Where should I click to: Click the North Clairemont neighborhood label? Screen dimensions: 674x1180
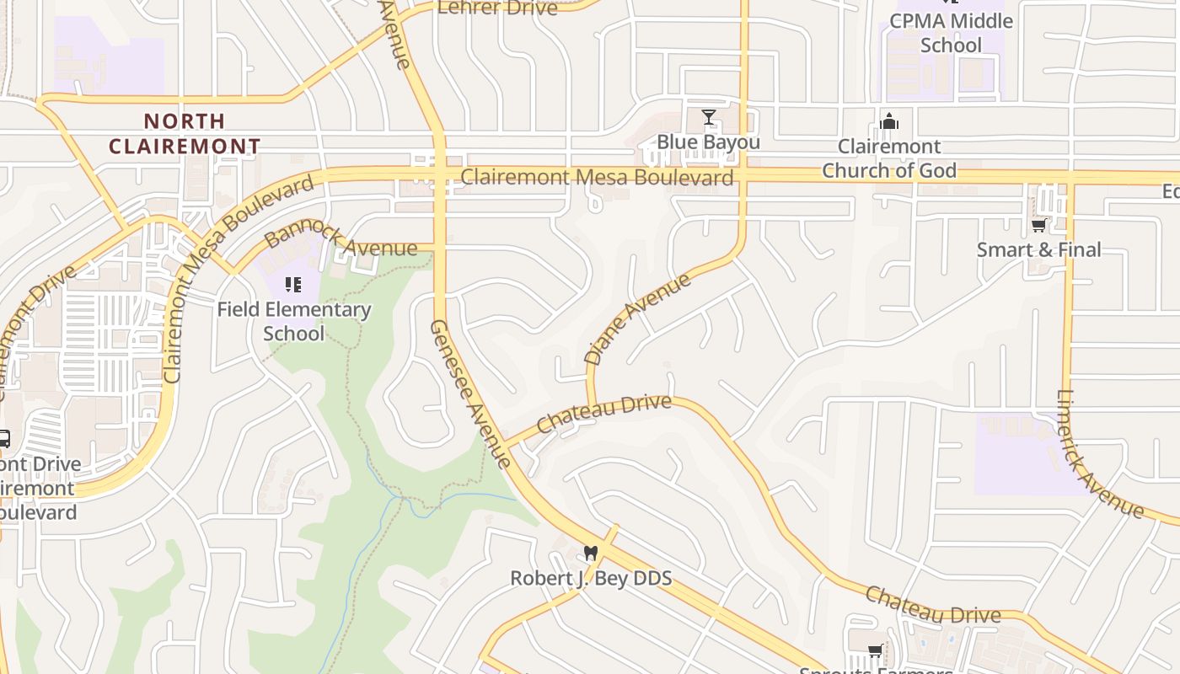185,134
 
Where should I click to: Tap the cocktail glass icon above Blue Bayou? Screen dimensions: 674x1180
708,117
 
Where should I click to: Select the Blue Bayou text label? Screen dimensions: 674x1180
708,142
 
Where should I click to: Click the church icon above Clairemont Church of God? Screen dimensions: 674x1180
888,122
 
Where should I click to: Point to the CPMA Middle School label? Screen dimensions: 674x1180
951,33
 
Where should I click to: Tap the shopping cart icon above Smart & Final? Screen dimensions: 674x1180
1038,225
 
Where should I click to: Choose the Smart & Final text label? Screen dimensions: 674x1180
1038,250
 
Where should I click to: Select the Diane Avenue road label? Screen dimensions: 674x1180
637,318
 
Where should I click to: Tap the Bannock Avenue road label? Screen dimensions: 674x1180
340,237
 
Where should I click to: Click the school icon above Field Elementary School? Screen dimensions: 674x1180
292,285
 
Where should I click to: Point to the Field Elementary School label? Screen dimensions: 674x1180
293,321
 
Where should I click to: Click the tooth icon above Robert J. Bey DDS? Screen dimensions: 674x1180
590,554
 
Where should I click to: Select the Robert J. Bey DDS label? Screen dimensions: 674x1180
591,579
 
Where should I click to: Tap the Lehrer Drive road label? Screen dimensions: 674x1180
497,8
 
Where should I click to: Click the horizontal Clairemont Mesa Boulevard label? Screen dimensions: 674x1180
597,178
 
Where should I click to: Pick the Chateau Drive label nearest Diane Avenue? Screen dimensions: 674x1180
603,414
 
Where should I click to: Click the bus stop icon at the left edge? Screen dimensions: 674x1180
3,439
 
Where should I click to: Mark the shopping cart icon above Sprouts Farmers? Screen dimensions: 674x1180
876,650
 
